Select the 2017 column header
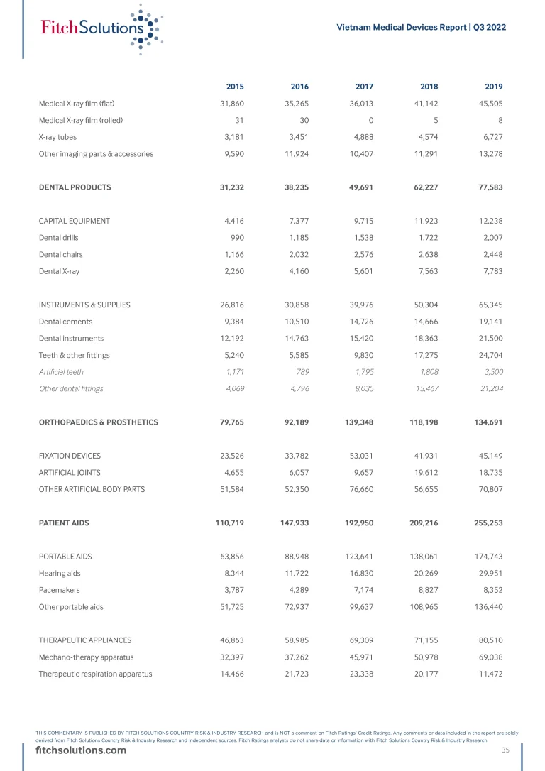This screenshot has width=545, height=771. click(364, 87)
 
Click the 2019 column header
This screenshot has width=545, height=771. click(494, 87)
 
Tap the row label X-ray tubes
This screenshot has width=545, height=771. click(57, 137)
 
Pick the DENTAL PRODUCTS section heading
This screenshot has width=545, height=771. click(75, 187)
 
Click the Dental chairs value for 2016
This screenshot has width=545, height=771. click(297, 254)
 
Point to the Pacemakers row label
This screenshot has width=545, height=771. click(59, 590)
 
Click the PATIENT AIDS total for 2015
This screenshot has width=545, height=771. click(229, 523)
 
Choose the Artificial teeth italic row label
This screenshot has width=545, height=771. click(61, 371)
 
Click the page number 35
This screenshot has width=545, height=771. click(505, 750)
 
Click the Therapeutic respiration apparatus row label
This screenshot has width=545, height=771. click(95, 674)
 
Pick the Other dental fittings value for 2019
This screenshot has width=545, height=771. click(488, 388)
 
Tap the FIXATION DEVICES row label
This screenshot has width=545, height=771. click(70, 455)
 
